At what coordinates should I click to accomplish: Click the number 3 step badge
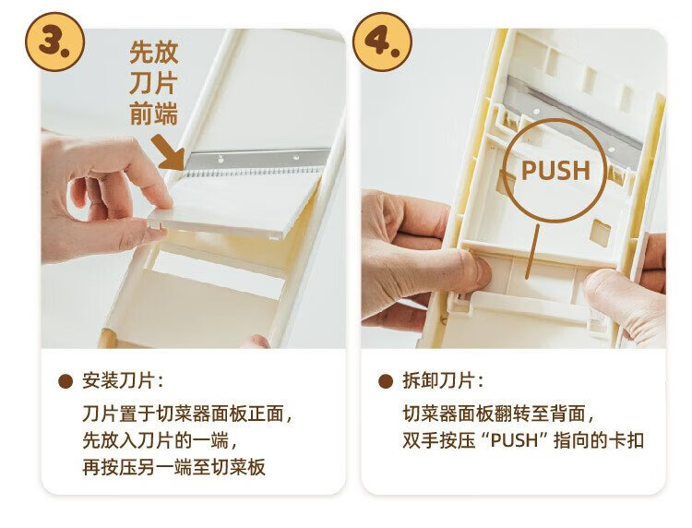click(55, 42)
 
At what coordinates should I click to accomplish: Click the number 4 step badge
click(383, 42)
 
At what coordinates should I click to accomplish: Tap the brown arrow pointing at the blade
click(169, 152)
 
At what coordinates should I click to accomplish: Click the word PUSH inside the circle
click(555, 171)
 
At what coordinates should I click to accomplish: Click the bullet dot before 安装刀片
click(66, 381)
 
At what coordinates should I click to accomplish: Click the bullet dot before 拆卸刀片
click(386, 381)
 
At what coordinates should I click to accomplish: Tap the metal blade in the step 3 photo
click(257, 162)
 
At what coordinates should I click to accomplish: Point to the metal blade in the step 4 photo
click(574, 118)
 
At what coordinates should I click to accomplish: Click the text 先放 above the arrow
click(153, 53)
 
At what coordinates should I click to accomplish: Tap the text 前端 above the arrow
click(153, 114)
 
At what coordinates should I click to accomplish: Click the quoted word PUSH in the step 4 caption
click(515, 440)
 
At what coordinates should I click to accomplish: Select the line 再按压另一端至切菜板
click(173, 467)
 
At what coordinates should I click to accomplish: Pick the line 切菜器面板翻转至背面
click(498, 414)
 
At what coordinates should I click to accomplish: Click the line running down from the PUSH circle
click(531, 252)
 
